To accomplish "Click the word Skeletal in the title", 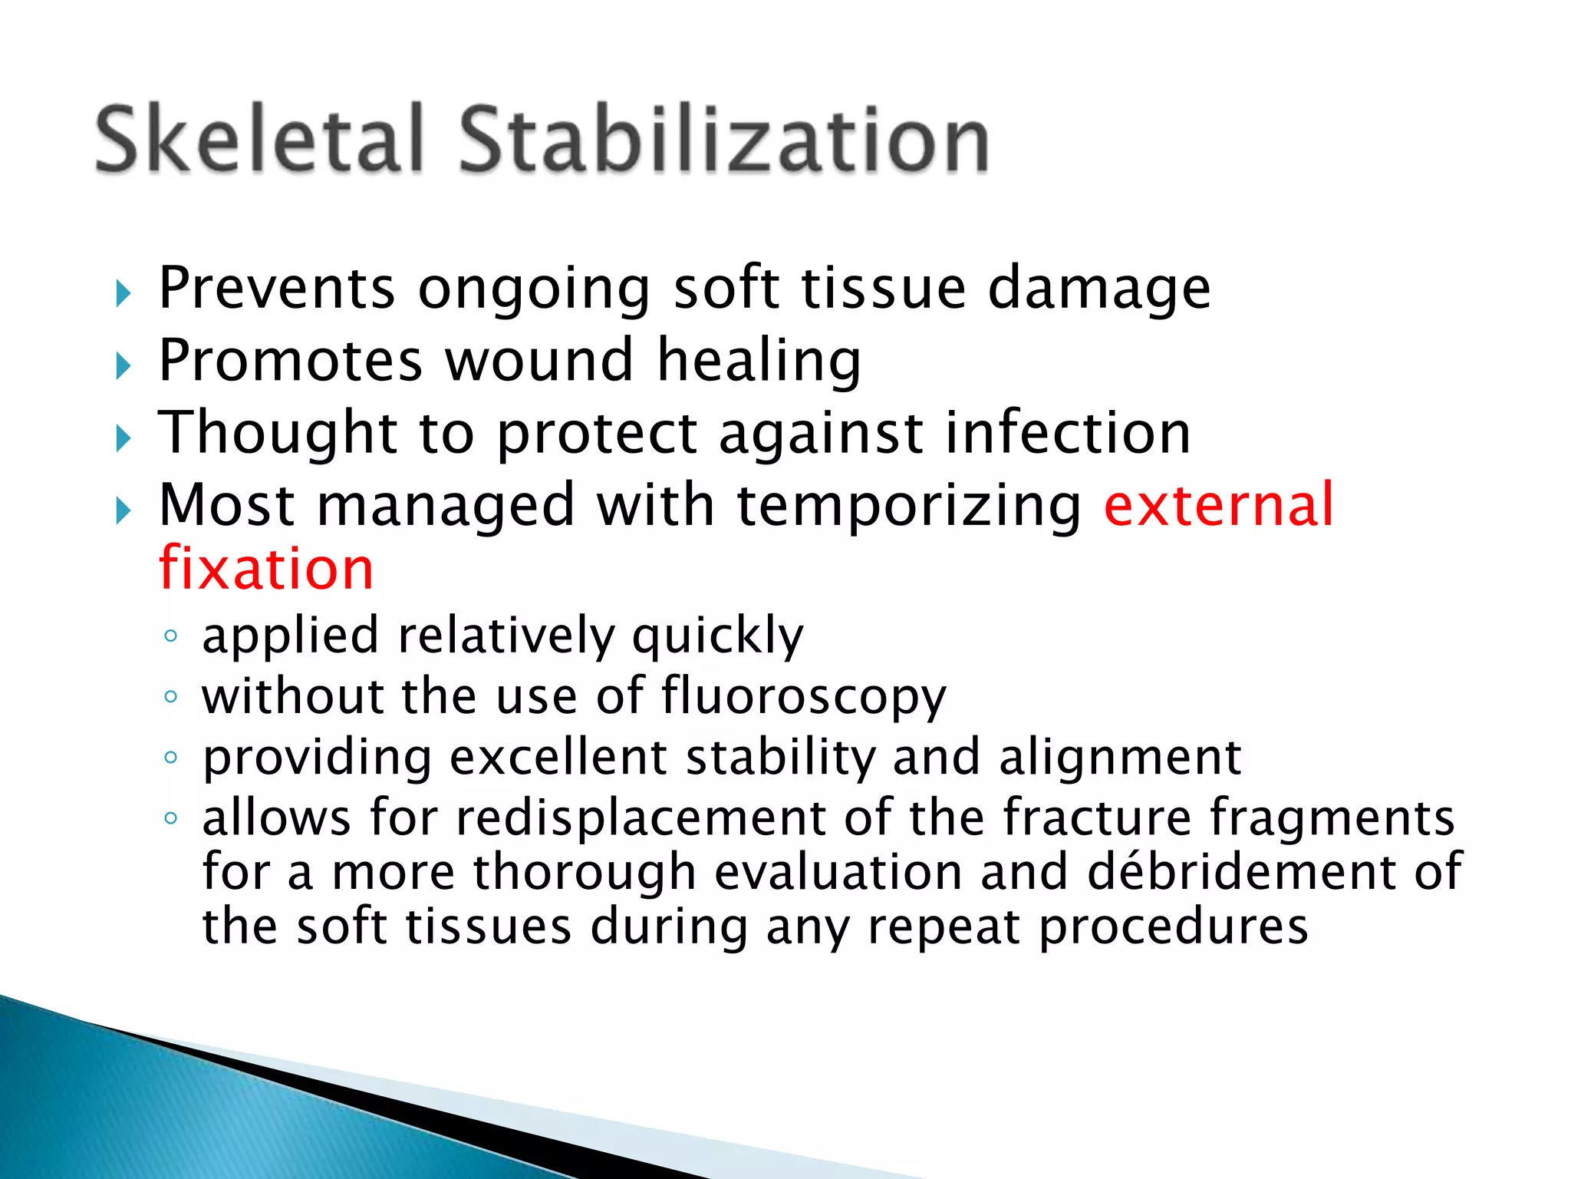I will pos(259,140).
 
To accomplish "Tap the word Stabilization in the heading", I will pos(723,140).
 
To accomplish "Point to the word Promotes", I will pos(290,360).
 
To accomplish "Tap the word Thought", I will pos(277,433).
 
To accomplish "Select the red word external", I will pos(1219,504).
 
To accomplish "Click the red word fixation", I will pos(266,569).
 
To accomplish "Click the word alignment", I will pos(1120,758).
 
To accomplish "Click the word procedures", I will pos(1173,927).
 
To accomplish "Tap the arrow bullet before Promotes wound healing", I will pos(124,366).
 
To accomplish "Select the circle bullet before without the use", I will pos(171,697).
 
